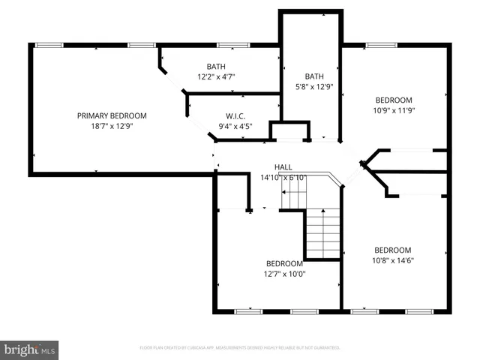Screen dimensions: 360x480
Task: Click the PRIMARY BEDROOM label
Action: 112,115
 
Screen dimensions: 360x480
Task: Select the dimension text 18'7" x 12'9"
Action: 112,126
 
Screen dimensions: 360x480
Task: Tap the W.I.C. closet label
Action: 235,116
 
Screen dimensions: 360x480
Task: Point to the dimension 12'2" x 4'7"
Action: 216,76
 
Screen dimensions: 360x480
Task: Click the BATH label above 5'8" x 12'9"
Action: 313,76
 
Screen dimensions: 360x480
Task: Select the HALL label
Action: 283,167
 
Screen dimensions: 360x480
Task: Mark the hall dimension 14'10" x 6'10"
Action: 283,178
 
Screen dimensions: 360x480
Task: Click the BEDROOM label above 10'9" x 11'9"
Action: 394,100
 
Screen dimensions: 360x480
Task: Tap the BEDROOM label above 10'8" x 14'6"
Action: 393,250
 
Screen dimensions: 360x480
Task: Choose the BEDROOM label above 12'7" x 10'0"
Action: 285,263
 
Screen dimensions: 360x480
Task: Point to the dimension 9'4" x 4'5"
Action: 235,126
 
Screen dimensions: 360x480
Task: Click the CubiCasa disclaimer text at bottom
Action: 240,348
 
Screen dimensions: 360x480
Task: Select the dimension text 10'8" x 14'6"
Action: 393,261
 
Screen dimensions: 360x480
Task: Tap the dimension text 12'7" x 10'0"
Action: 285,274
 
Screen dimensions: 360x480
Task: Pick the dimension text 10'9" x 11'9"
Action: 394,111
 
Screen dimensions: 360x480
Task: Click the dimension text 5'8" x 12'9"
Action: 313,86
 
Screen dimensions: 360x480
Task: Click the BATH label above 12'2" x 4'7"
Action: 216,66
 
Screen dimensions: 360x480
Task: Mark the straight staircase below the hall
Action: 324,234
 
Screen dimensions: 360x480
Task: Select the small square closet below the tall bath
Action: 289,130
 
